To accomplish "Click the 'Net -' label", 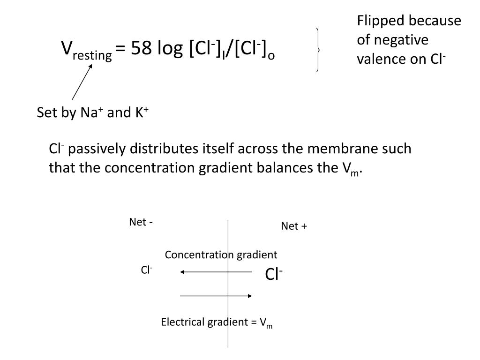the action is tap(141, 222).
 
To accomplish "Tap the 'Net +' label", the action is tap(294, 226).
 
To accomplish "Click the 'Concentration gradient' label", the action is tap(221, 255).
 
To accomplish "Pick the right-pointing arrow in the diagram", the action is tap(216, 296).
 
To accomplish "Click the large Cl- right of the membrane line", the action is tap(274, 275).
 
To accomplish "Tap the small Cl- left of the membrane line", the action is tap(147, 270).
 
